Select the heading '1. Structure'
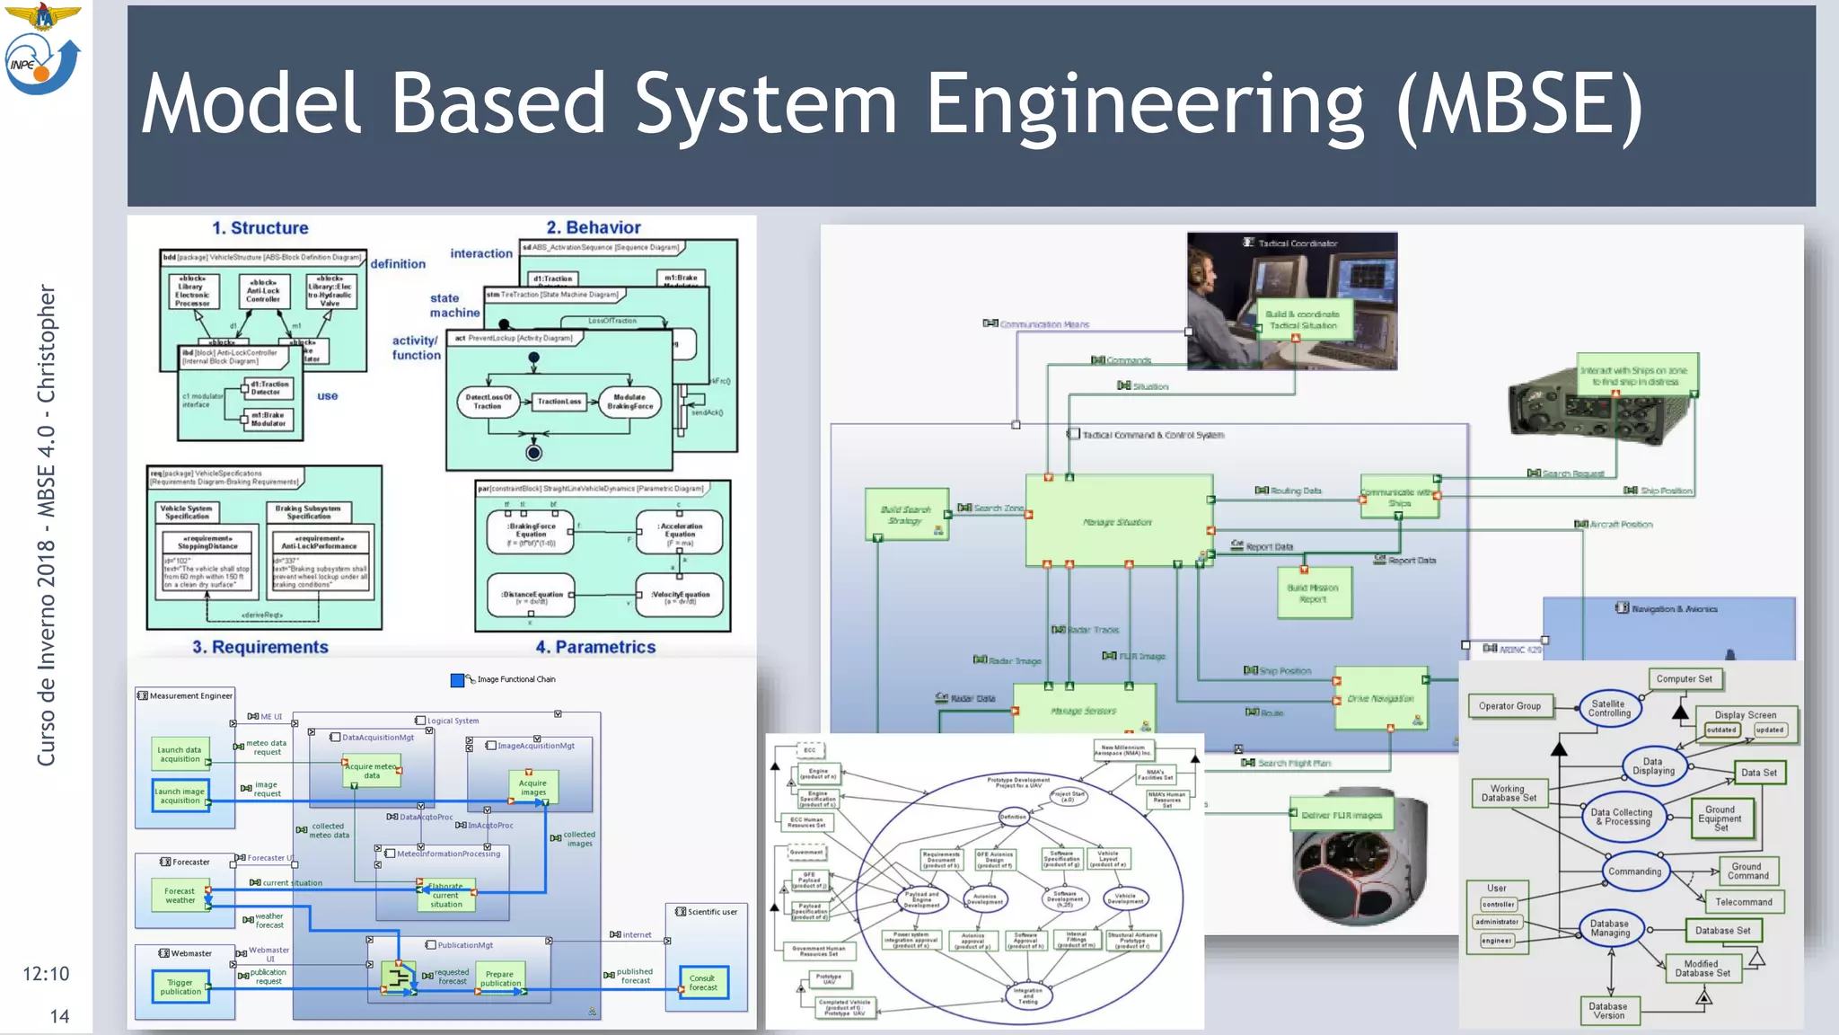click(260, 228)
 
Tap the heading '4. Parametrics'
click(595, 647)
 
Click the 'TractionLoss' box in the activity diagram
click(559, 402)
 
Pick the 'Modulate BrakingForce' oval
click(629, 402)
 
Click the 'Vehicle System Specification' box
click(187, 512)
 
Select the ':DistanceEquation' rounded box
click(531, 595)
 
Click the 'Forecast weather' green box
click(180, 895)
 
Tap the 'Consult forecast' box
click(703, 983)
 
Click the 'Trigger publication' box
click(180, 987)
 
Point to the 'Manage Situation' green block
click(1118, 521)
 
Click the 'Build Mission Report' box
click(1313, 593)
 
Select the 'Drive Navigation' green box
click(1380, 698)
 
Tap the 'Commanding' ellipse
click(1634, 871)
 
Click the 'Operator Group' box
click(1509, 706)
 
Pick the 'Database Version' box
click(1607, 1011)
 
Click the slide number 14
click(59, 1016)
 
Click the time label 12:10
click(46, 974)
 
